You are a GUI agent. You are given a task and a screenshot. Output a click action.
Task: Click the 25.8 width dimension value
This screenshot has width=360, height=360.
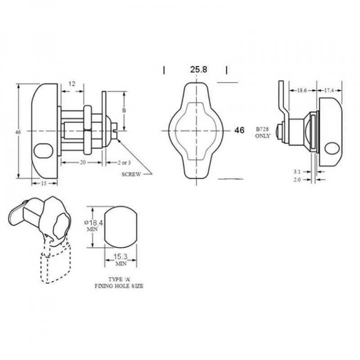[x=198, y=70]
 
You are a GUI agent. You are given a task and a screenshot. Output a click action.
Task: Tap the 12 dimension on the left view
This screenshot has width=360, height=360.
[x=72, y=84]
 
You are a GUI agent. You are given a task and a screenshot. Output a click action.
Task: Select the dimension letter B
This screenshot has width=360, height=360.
[x=124, y=110]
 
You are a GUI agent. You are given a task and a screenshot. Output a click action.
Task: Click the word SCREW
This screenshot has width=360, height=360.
[x=131, y=174]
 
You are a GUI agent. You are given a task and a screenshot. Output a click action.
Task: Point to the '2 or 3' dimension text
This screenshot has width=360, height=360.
[x=124, y=162]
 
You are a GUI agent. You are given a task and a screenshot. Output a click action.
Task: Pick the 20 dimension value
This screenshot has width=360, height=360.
[x=83, y=162]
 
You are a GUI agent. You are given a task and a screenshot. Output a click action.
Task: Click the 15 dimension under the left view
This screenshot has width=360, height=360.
[x=44, y=183]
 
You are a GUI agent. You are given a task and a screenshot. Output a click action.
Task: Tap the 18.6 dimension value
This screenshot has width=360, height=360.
[x=302, y=90]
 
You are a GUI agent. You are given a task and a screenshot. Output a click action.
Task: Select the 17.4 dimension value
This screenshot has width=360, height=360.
[x=329, y=90]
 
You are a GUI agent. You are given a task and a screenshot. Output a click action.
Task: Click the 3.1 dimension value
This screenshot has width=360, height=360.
[x=297, y=171]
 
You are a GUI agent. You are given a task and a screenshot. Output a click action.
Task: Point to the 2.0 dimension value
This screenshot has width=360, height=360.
[x=297, y=180]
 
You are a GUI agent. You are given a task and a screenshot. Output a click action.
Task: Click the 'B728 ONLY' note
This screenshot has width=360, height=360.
[x=262, y=132]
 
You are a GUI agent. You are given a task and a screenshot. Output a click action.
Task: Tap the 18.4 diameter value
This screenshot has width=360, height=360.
[x=96, y=222]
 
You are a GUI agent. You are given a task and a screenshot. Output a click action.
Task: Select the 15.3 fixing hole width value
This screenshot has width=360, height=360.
[x=121, y=256]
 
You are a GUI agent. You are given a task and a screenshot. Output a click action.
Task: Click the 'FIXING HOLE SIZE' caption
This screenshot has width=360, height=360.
[x=119, y=286]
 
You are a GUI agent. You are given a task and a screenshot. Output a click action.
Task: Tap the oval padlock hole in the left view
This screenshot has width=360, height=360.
[x=43, y=151]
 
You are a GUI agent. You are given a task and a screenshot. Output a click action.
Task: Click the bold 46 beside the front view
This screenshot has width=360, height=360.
[x=239, y=130]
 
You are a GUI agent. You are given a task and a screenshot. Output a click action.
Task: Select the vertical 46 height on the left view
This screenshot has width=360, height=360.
[x=18, y=132]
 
